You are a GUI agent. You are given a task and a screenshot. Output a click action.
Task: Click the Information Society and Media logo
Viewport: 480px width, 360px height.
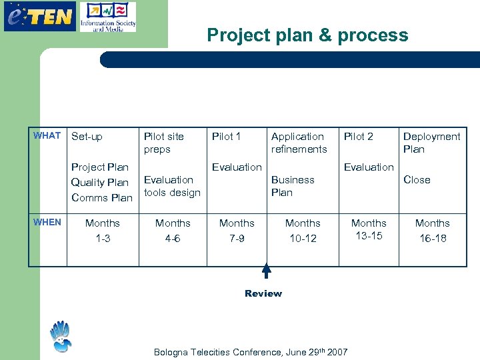tap(107, 17)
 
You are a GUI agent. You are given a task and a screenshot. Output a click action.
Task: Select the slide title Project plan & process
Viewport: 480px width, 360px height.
tap(307, 35)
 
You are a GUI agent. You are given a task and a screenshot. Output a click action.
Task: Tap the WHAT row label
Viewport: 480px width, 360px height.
tap(47, 135)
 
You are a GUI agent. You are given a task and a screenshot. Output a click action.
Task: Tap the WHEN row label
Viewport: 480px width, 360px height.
tap(47, 222)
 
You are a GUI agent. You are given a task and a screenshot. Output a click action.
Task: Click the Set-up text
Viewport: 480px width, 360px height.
tap(87, 137)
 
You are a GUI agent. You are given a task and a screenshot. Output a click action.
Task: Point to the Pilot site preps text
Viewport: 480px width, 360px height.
tap(163, 143)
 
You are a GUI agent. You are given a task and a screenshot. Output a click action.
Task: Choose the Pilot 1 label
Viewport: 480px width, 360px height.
tap(226, 137)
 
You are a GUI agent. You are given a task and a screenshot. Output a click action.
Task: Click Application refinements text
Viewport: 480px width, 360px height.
tap(299, 143)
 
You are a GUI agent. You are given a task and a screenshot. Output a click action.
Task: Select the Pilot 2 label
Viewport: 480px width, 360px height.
tap(358, 137)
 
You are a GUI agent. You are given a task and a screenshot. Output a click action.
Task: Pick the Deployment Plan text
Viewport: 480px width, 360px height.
tap(431, 143)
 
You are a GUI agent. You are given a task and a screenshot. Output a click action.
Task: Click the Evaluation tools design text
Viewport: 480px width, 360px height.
tap(172, 186)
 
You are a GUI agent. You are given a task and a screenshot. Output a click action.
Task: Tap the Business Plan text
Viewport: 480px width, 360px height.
tap(293, 186)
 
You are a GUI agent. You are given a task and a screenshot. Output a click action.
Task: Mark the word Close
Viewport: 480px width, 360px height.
tap(417, 180)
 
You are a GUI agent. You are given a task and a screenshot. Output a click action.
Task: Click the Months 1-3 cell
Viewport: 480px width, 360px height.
tap(103, 231)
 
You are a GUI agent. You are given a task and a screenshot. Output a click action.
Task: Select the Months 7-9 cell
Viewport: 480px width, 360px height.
tap(237, 231)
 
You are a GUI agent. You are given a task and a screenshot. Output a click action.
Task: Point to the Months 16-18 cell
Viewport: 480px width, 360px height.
tap(432, 231)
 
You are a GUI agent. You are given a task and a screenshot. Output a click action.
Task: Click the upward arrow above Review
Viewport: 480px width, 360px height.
tap(266, 271)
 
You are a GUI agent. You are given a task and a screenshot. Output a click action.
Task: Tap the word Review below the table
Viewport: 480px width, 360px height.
tap(263, 293)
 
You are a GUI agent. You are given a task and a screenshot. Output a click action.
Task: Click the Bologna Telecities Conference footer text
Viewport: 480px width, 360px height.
tap(251, 351)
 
